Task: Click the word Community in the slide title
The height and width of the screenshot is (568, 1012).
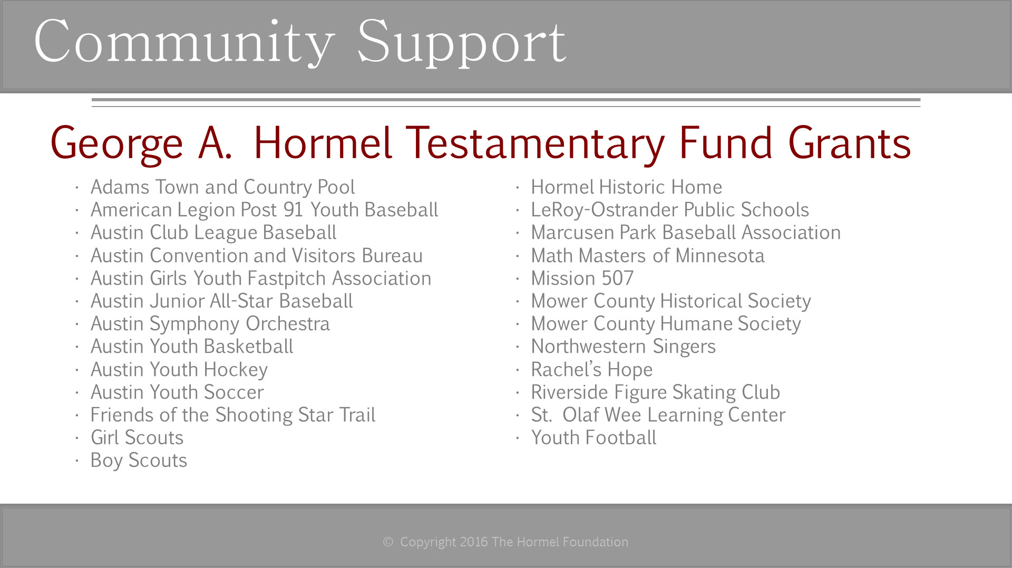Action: [184, 43]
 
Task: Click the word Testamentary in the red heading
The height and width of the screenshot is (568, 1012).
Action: [536, 143]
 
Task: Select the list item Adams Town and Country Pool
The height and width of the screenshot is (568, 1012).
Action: [222, 187]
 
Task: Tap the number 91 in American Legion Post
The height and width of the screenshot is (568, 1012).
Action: [293, 210]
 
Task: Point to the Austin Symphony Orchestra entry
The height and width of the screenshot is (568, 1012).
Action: [210, 324]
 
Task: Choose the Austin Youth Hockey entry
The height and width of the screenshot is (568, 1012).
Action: [179, 370]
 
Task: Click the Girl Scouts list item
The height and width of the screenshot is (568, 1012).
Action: [137, 438]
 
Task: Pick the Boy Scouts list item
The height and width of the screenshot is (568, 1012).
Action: [139, 460]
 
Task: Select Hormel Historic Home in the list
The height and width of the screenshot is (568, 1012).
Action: [626, 187]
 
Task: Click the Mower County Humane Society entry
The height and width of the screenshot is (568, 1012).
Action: [666, 324]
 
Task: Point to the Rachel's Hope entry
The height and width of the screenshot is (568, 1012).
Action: [591, 370]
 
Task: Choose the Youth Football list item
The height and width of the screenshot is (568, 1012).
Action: [593, 438]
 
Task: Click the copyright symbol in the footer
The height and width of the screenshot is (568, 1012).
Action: [388, 542]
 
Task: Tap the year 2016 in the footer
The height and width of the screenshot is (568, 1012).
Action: [473, 542]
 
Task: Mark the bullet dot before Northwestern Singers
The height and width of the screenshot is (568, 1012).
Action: [518, 348]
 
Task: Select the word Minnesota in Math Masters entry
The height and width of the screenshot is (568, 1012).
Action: [720, 256]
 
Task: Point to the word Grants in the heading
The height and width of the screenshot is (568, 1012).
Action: [850, 143]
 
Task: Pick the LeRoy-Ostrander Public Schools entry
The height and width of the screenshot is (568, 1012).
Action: [670, 210]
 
